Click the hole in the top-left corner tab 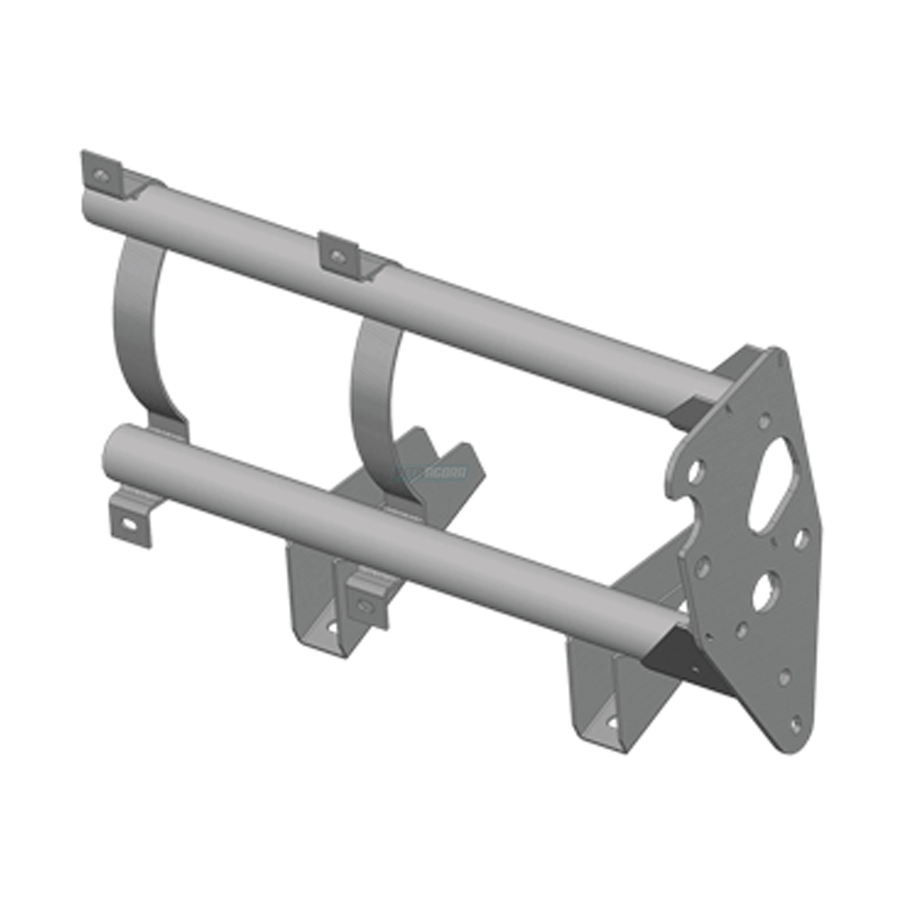coord(100,176)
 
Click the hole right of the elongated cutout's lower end coord(802,538)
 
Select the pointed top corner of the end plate coord(775,351)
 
